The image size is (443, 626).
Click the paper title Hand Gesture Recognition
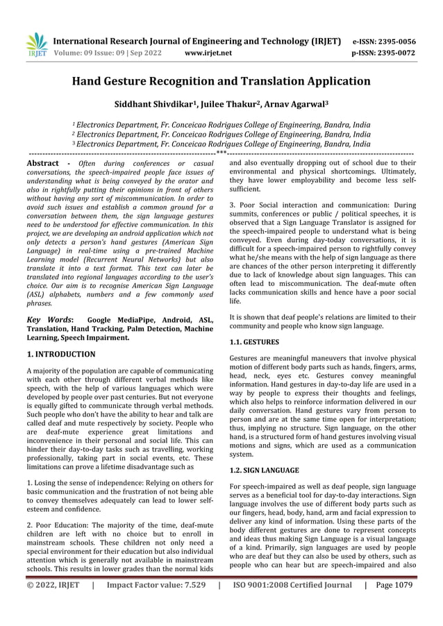coord(221,81)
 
